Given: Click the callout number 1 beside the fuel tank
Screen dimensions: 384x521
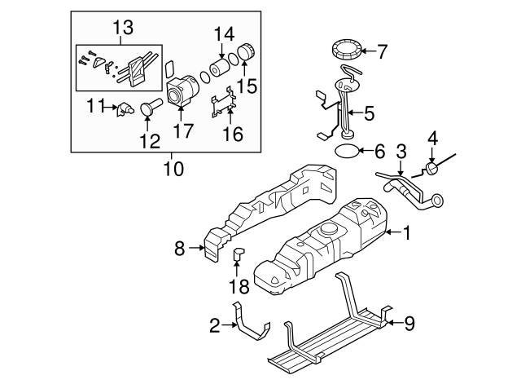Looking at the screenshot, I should (407, 233).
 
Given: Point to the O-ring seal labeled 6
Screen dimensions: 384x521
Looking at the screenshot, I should (347, 152).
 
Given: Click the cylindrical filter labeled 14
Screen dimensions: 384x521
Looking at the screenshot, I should (221, 65).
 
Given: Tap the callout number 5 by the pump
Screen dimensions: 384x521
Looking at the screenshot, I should (369, 114).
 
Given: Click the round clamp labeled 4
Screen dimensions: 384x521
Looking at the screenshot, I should (431, 169).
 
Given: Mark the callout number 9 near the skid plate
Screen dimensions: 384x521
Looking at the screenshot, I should (409, 324).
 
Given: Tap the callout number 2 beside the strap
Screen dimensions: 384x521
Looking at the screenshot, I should (215, 326).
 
